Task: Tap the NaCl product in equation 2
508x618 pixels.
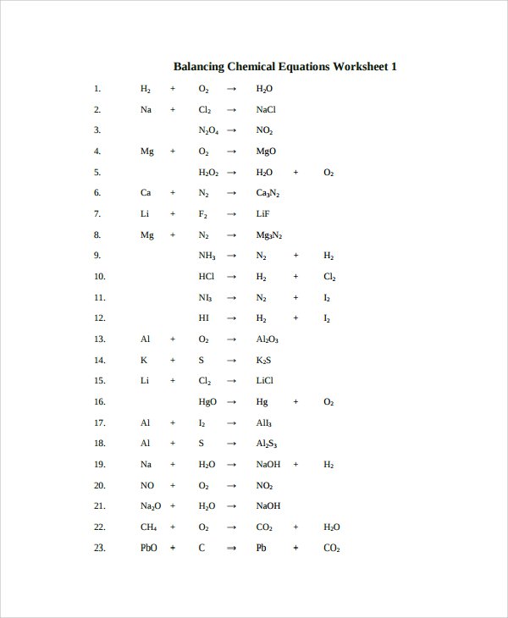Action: click(x=266, y=109)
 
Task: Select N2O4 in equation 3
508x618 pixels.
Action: click(x=208, y=130)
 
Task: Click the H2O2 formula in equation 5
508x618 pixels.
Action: click(x=208, y=172)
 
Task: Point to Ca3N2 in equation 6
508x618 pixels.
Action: click(x=268, y=193)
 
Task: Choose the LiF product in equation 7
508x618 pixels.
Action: click(x=262, y=213)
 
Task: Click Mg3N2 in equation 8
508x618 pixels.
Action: click(x=269, y=235)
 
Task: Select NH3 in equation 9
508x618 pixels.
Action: click(x=207, y=255)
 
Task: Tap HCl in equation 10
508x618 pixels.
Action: click(x=206, y=276)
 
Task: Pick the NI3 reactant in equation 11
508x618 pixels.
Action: click(x=205, y=297)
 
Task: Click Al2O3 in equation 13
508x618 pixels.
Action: click(x=267, y=339)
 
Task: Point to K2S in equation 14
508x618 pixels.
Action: click(x=263, y=360)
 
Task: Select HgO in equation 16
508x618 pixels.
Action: click(x=207, y=401)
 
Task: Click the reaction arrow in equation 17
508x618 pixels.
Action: click(x=231, y=422)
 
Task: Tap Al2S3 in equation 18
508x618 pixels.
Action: click(x=267, y=443)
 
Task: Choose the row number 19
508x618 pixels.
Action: click(x=99, y=464)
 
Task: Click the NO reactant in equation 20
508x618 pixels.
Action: click(x=146, y=485)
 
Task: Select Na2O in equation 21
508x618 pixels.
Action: click(x=149, y=506)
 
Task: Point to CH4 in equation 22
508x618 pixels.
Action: click(x=147, y=527)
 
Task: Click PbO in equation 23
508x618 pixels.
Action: click(x=148, y=548)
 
